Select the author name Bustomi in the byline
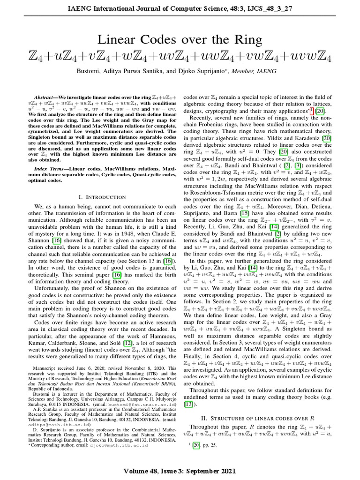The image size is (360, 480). click(89, 71)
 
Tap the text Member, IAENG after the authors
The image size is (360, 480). click(260, 71)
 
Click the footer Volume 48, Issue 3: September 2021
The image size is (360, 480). click(180, 470)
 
